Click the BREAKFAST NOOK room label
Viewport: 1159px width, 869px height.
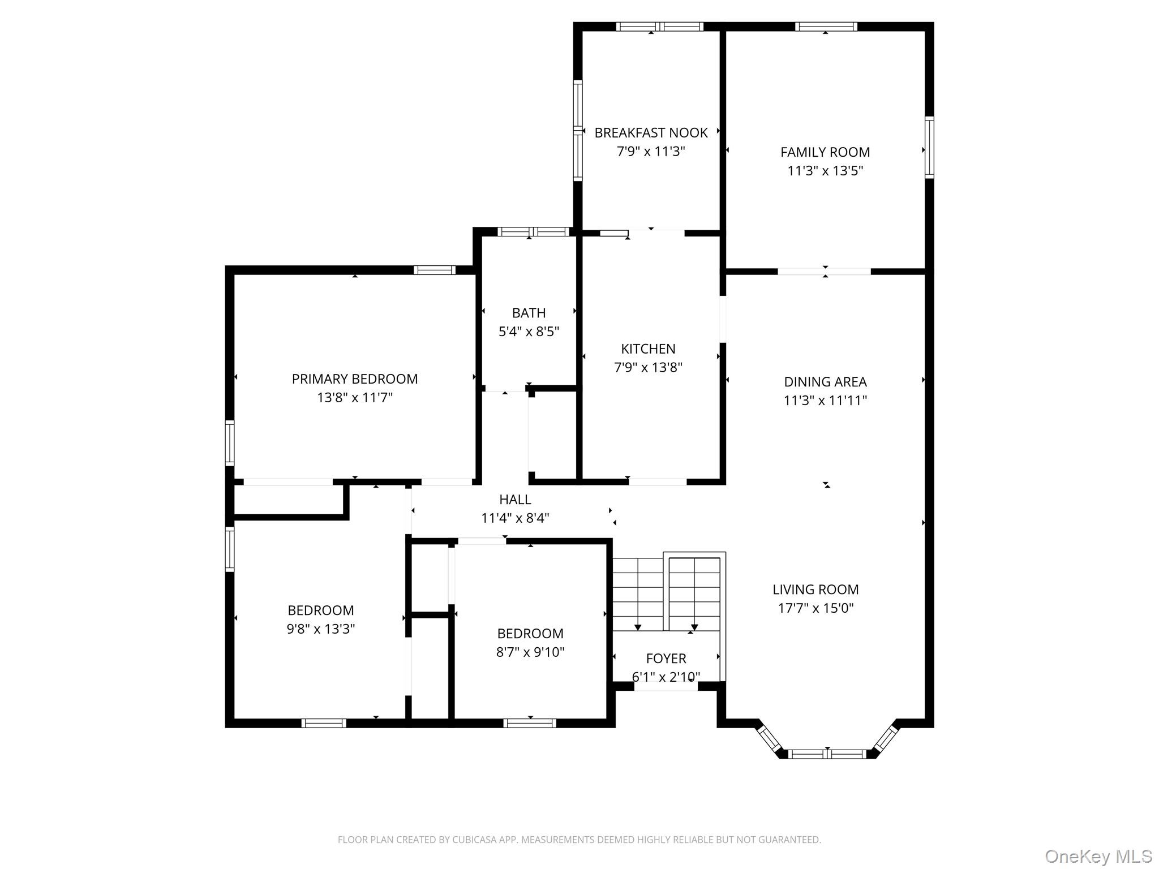651,133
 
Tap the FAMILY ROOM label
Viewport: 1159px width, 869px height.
825,152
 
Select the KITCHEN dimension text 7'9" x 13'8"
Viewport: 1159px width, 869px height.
648,368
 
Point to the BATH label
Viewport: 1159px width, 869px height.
529,313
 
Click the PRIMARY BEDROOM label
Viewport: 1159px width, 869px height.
355,379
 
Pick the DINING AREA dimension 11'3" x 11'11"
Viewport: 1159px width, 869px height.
825,401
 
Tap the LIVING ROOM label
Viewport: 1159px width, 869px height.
815,590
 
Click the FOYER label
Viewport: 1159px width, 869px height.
666,659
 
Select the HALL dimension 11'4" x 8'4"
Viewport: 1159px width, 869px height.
515,518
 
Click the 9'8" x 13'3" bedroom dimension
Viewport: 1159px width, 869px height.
321,629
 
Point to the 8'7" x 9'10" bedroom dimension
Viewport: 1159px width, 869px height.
530,652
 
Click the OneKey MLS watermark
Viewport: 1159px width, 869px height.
1098,856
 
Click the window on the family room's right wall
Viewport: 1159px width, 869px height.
929,147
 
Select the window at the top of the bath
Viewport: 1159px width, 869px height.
533,231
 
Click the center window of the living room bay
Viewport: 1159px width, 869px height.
827,754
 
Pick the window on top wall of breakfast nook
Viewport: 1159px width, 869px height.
660,27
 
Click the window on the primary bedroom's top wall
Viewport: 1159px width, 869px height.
435,270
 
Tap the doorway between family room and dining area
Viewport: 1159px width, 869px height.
824,272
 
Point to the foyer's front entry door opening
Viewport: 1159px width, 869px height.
666,686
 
